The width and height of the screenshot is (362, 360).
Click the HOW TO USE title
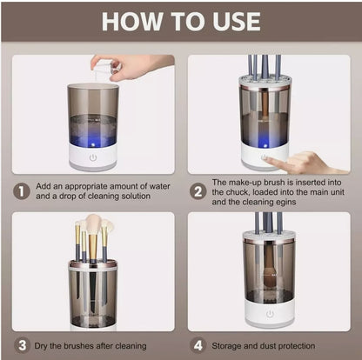(x=181, y=21)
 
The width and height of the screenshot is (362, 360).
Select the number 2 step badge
(x=199, y=190)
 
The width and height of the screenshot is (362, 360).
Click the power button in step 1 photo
(x=93, y=158)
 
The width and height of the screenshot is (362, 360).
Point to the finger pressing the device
(x=277, y=160)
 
